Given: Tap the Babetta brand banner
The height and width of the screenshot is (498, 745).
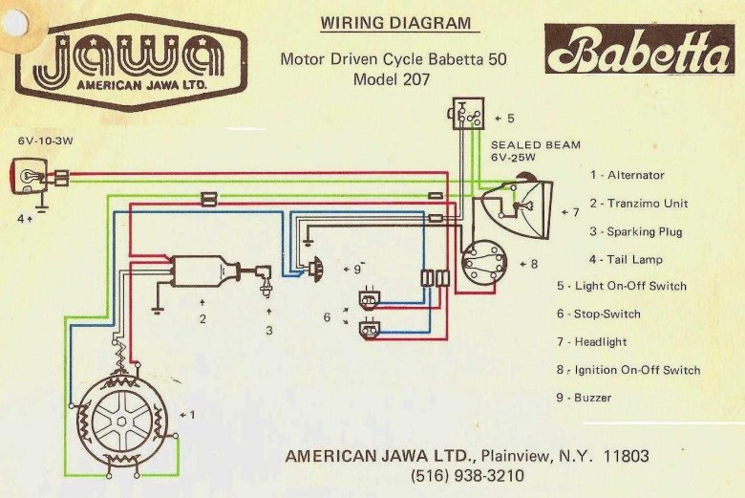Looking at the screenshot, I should [x=639, y=51].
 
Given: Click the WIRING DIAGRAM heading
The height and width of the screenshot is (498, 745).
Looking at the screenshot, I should [x=395, y=23].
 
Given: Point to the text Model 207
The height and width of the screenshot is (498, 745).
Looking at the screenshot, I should [x=393, y=79].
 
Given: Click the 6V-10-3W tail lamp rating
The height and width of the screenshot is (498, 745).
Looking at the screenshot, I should [x=45, y=141].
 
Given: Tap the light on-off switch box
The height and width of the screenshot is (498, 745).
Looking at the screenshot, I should [x=468, y=115].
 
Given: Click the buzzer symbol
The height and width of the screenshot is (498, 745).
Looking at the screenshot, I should [x=318, y=269].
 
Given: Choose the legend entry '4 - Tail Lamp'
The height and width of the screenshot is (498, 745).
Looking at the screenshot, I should [x=626, y=259].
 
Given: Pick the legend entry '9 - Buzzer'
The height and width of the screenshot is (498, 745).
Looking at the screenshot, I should [x=584, y=397].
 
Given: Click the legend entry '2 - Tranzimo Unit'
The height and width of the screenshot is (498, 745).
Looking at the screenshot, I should [x=638, y=203].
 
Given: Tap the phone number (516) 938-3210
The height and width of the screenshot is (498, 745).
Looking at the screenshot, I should [x=467, y=474].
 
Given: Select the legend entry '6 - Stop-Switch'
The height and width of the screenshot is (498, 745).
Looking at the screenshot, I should [x=598, y=314].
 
